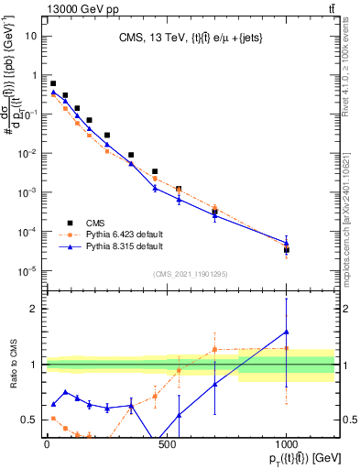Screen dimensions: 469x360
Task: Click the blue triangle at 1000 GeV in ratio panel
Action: point(287,332)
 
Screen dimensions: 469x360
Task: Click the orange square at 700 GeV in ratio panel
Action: point(214,349)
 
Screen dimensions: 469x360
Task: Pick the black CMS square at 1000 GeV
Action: point(287,249)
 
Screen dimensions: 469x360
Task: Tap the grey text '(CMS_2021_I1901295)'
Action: point(191,274)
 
